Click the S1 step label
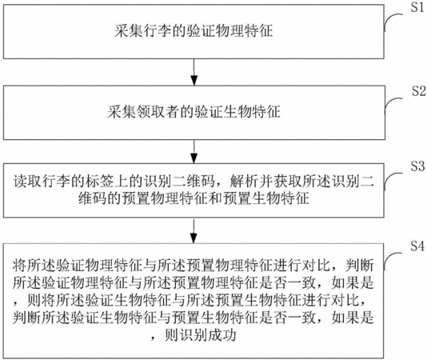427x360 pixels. [417, 7]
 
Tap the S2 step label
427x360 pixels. [418, 90]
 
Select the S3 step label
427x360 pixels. [417, 166]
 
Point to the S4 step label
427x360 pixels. [417, 246]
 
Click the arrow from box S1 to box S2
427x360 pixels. [194, 72]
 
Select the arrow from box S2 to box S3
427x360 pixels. [194, 152]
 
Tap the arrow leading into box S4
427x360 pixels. [194, 231]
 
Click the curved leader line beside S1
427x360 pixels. [392, 20]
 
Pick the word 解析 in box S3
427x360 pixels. [244, 182]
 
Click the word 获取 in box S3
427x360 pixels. [288, 182]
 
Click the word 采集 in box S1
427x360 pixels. [129, 30]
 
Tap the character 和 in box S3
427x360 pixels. [215, 198]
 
